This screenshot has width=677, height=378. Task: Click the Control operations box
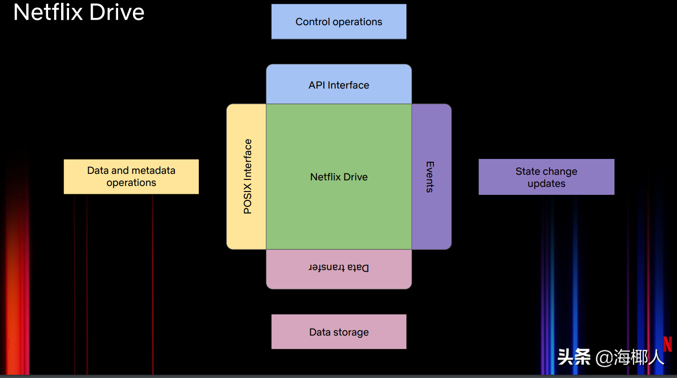[339, 21]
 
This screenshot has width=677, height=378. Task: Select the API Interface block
[339, 85]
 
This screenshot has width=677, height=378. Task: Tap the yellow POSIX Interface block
[247, 177]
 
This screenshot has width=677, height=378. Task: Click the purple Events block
[431, 177]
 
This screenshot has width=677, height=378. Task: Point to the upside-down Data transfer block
[339, 268]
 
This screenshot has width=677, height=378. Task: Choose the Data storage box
[339, 332]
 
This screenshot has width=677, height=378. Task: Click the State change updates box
[546, 177]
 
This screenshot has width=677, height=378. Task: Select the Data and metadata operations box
[131, 177]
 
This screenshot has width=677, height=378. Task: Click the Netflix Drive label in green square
[339, 177]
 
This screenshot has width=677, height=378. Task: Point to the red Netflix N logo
[668, 344]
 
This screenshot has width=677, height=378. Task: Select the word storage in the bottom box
[351, 332]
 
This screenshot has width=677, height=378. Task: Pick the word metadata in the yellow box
[153, 171]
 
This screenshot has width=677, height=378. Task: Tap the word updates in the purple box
[546, 184]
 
